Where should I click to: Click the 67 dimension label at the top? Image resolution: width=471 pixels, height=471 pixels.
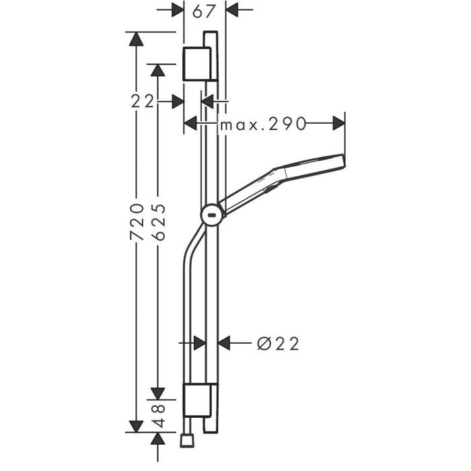click(205, 10)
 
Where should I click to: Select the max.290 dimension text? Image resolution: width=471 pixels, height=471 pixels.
click(262, 124)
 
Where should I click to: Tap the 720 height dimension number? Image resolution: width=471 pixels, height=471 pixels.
click(137, 221)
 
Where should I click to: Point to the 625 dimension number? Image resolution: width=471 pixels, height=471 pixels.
click(159, 222)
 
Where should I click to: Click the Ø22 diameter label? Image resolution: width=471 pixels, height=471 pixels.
click(278, 343)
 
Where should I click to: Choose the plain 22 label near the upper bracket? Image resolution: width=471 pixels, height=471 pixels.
click(143, 102)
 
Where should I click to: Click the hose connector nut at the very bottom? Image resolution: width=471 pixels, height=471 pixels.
click(187, 441)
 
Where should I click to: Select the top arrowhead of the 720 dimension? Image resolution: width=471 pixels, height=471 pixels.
click(137, 39)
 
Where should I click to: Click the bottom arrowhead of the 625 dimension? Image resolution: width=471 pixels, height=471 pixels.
click(157, 392)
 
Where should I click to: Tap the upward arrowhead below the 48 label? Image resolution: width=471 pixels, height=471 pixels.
click(157, 439)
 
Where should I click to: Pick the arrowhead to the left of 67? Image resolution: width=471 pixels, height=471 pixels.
click(177, 10)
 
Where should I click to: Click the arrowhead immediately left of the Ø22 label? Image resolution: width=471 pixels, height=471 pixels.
click(225, 343)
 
